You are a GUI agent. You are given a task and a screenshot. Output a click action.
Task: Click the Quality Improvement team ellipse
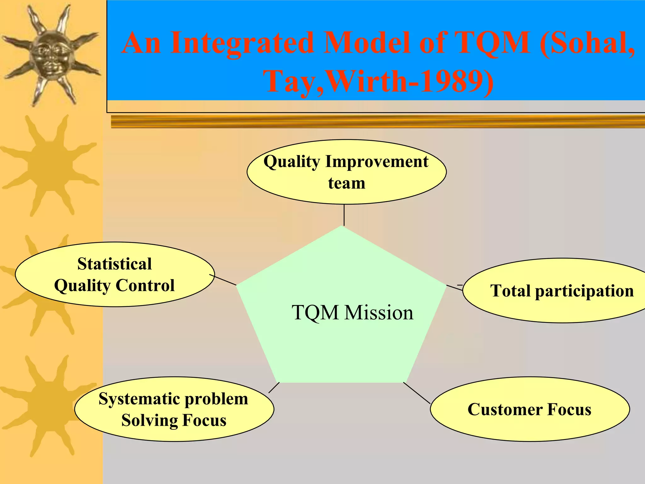pyautogui.click(x=346, y=172)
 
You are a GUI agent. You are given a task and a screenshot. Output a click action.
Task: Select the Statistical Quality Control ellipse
pyautogui.click(x=115, y=274)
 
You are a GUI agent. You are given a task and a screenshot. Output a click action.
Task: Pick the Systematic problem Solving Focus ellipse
pyautogui.click(x=174, y=409)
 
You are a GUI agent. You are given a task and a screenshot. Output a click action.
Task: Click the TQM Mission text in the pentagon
pyautogui.click(x=352, y=313)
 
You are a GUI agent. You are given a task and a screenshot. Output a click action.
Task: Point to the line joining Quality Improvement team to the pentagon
pyautogui.click(x=344, y=215)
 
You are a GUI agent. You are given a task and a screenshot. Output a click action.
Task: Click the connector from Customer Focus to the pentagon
pyautogui.click(x=417, y=393)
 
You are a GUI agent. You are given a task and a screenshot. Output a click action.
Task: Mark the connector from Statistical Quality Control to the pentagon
pyautogui.click(x=223, y=280)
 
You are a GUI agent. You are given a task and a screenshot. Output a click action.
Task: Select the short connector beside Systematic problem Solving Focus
pyautogui.click(x=274, y=388)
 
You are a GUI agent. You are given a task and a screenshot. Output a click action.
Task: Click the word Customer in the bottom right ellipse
pyautogui.click(x=505, y=410)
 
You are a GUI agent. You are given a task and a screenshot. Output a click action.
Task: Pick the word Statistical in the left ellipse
pyautogui.click(x=115, y=264)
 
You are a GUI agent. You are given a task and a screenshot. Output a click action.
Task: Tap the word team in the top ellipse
pyautogui.click(x=346, y=183)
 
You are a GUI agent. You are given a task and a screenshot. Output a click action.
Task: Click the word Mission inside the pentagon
pyautogui.click(x=379, y=313)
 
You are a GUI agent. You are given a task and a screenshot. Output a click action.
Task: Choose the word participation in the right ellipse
pyautogui.click(x=584, y=291)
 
